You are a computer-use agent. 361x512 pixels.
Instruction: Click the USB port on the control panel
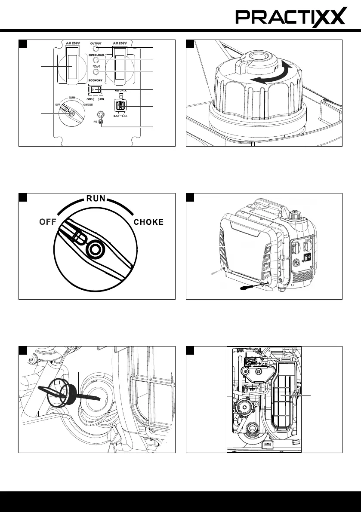click(121, 106)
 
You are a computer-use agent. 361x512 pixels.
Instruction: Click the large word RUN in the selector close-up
click(96, 199)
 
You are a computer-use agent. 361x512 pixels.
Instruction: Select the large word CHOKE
click(149, 223)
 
